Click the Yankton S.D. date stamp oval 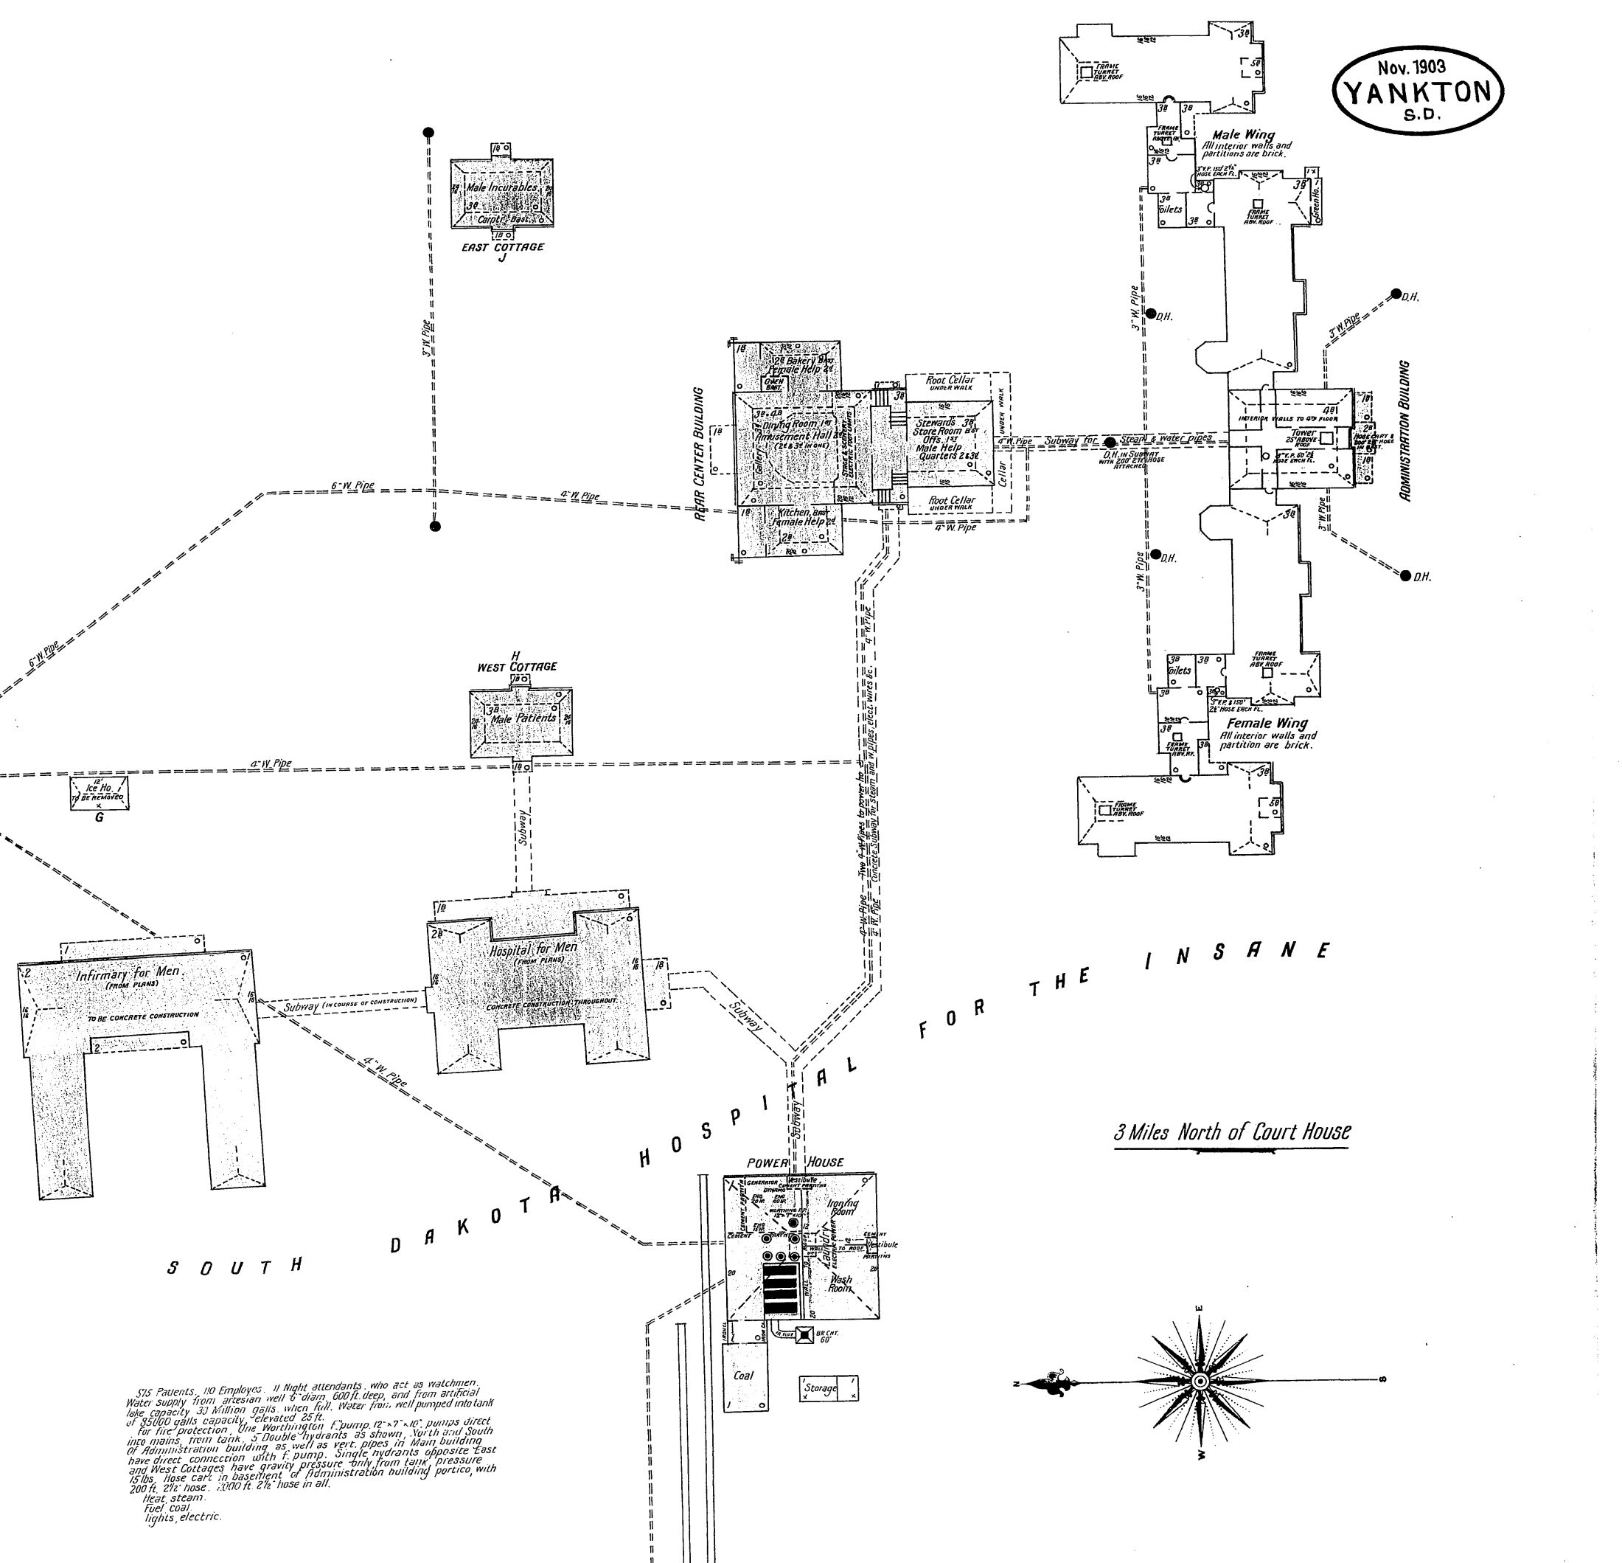[x=1418, y=89]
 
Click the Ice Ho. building [x=100, y=792]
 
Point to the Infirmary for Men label [x=128, y=974]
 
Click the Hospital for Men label [x=534, y=949]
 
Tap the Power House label [x=795, y=1162]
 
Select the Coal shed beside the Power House [x=744, y=1375]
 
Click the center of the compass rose [x=1201, y=1382]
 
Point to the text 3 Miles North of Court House [x=1231, y=1131]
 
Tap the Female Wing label [x=1267, y=724]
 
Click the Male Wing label [x=1243, y=134]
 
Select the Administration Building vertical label [x=1404, y=431]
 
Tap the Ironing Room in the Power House [x=843, y=1207]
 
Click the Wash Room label [x=840, y=1283]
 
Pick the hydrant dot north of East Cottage [x=428, y=133]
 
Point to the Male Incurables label [x=501, y=188]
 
